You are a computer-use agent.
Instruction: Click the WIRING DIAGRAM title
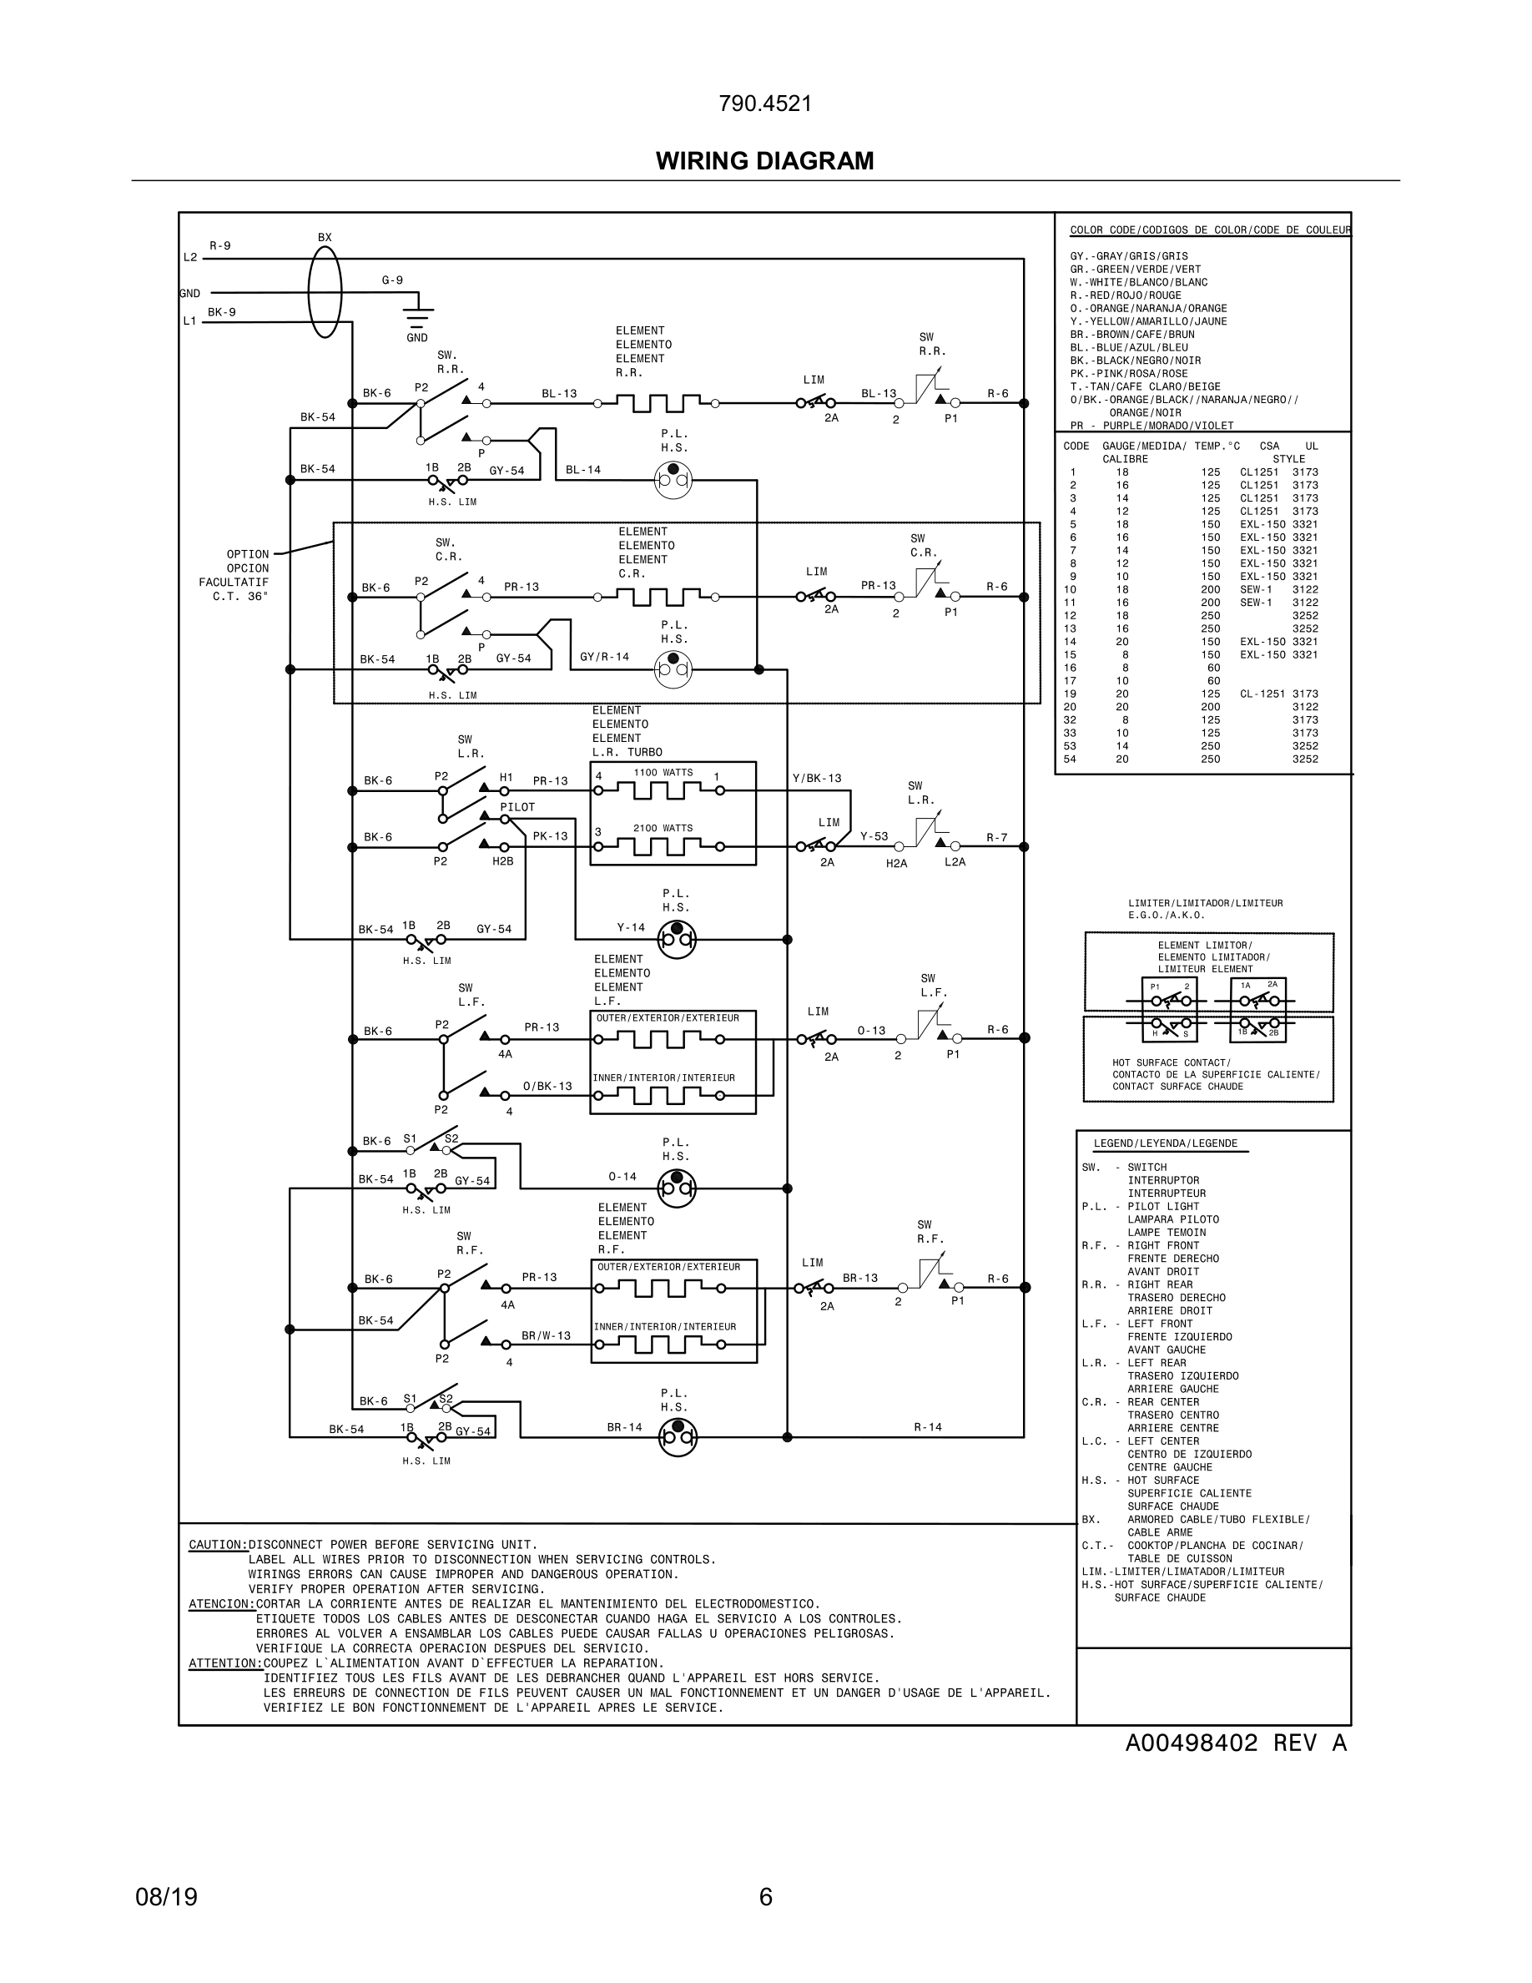764,161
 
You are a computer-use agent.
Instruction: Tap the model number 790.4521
765,103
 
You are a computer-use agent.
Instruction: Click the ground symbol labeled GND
417,319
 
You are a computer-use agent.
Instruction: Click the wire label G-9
392,280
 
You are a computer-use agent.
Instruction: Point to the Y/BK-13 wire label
817,778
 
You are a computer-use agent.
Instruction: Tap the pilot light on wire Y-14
676,939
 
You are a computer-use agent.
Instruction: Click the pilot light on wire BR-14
677,1436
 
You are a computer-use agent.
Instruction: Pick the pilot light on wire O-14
676,1188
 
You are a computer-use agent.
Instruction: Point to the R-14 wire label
928,1426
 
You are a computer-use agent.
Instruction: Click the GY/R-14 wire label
604,657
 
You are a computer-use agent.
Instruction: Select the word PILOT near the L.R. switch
517,807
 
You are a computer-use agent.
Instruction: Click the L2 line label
189,258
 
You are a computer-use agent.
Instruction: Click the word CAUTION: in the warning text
218,1545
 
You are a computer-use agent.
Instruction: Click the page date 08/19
166,1897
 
